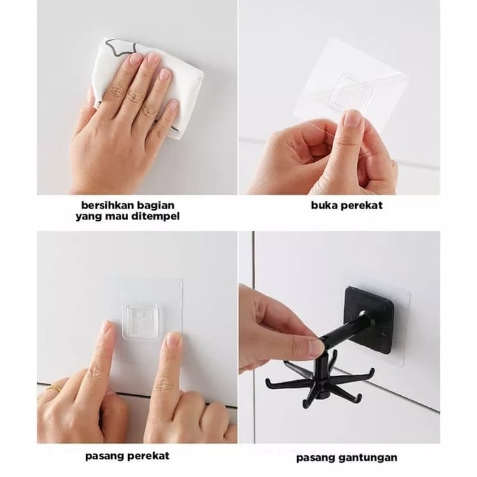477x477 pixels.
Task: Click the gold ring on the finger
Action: [x=56, y=388]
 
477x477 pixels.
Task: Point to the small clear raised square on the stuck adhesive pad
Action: [x=140, y=321]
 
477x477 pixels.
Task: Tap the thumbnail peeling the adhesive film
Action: [x=352, y=119]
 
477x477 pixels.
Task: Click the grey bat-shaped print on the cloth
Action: [x=119, y=46]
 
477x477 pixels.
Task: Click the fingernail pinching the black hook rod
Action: [x=316, y=348]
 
